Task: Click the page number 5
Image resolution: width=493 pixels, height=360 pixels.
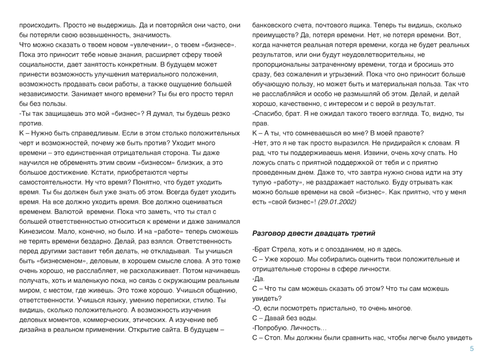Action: tap(472, 349)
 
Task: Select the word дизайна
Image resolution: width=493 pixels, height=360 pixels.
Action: tap(32, 329)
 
